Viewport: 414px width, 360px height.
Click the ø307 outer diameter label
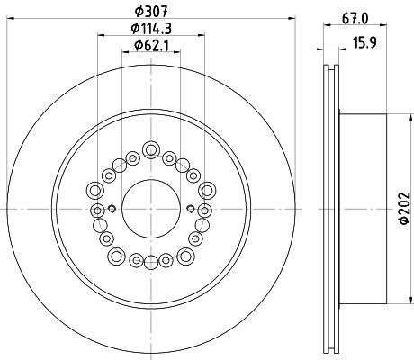click(151, 10)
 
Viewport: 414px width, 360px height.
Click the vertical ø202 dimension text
click(402, 209)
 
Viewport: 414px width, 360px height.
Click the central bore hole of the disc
click(151, 209)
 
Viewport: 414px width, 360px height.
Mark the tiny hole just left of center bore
click(112, 209)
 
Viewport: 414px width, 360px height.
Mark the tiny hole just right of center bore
click(191, 209)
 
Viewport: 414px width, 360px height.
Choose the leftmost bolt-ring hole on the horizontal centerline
click(97, 209)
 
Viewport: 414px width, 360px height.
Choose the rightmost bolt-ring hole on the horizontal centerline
click(205, 209)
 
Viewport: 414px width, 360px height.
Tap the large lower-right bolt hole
click(185, 256)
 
